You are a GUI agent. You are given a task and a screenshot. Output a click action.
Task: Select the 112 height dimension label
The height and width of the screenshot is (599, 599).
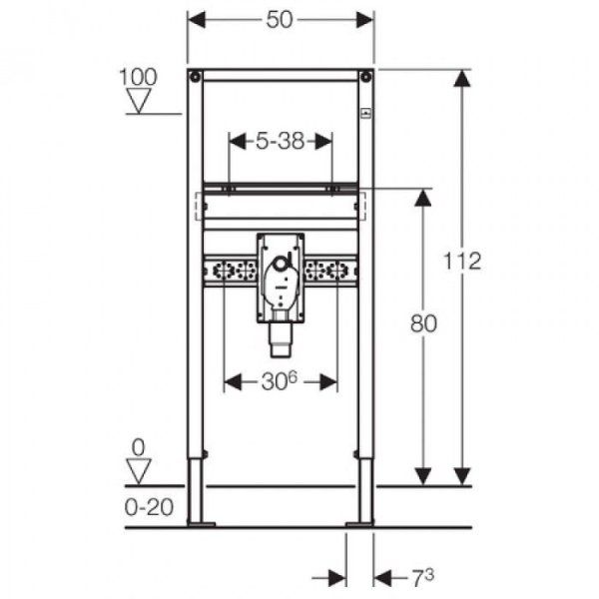(464, 262)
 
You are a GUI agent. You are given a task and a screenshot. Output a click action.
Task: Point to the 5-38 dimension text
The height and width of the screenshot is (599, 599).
(281, 142)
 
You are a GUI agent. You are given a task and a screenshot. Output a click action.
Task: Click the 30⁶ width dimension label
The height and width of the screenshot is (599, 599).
(282, 381)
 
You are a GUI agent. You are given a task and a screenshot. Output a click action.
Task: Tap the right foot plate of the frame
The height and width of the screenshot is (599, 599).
(358, 521)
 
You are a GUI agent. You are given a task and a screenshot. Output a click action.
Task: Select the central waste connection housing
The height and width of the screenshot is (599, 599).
(282, 277)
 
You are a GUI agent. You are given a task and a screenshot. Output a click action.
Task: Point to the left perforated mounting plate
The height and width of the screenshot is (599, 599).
(230, 271)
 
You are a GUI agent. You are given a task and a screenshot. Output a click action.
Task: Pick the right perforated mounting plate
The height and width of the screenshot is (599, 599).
(331, 271)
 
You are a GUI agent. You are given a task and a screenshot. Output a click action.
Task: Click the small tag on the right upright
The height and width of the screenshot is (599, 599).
(367, 114)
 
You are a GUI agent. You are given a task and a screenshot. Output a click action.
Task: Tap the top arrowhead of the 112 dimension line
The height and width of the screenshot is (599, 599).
(461, 79)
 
